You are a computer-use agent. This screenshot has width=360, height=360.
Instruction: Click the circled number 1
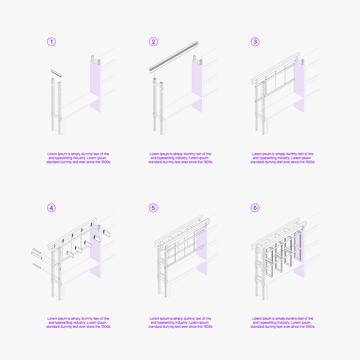51,42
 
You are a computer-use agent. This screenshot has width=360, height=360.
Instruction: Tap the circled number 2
153,42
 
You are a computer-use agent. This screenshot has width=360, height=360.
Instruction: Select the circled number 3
255,42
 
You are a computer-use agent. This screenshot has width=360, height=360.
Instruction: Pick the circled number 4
51,208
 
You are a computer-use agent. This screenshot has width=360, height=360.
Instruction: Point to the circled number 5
153,208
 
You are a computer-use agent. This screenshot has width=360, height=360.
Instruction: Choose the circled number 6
255,208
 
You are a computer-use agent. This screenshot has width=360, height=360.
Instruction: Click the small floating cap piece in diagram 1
56,73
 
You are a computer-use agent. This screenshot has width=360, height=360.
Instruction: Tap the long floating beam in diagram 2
174,57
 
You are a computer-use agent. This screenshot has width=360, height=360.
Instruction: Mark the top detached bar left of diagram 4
37,251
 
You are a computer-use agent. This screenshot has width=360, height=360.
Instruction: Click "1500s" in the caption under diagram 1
105,162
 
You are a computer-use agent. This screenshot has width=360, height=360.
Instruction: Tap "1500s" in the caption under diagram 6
310,327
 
